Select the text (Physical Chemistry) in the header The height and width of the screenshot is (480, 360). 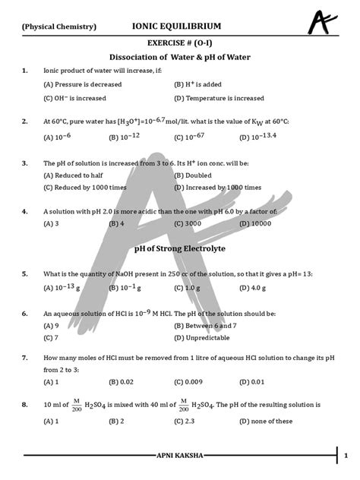tap(59, 27)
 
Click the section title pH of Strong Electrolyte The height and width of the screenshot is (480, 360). tap(180, 248)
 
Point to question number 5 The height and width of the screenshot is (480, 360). tap(25, 273)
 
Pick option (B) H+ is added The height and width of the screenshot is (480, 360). tap(195, 84)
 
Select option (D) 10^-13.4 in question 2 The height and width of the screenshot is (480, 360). tap(195, 137)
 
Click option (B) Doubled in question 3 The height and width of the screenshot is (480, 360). tap(194, 175)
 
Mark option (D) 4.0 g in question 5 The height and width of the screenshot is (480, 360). tap(191, 288)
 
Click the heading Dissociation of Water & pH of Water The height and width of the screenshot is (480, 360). tap(180, 58)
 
